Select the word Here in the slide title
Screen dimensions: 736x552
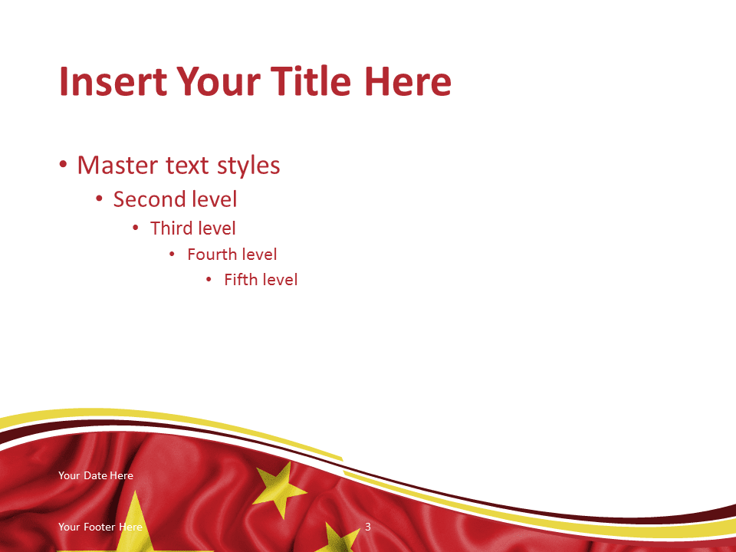click(407, 81)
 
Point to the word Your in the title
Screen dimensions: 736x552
click(219, 81)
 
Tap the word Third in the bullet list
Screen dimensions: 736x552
click(169, 228)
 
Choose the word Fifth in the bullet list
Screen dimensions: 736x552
click(240, 280)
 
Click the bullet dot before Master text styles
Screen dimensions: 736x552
click(63, 165)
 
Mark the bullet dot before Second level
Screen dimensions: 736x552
click(99, 199)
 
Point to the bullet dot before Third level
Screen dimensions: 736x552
click(136, 228)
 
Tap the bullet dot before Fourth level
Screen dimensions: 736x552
click(172, 255)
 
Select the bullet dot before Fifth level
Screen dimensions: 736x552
click(209, 280)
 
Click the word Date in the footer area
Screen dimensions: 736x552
click(95, 475)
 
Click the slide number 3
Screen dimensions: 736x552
click(368, 527)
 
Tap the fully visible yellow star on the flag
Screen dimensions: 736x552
click(279, 488)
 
